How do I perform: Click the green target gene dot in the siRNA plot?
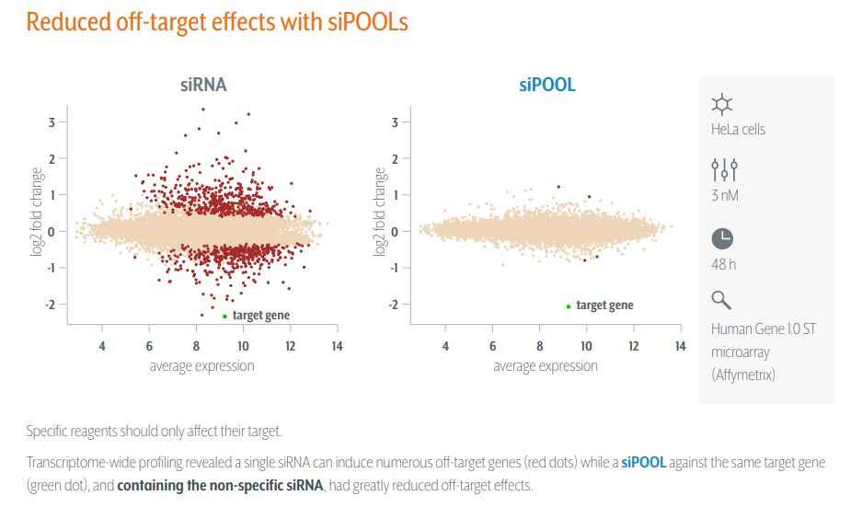pyautogui.click(x=224, y=316)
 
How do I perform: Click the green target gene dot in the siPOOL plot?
pyautogui.click(x=569, y=306)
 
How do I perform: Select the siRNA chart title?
pyautogui.click(x=202, y=86)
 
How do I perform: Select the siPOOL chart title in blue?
pyautogui.click(x=546, y=86)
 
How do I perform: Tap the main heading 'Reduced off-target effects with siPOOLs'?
pyautogui.click(x=217, y=22)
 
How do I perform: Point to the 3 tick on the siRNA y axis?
pyautogui.click(x=52, y=121)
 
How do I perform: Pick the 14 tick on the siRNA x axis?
pyautogui.click(x=337, y=346)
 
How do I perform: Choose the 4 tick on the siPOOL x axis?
pyautogui.click(x=445, y=346)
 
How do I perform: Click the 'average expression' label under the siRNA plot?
pyautogui.click(x=201, y=365)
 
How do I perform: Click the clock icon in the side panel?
pyautogui.click(x=723, y=238)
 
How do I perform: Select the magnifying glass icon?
pyautogui.click(x=722, y=300)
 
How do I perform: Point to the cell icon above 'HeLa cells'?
pyautogui.click(x=723, y=104)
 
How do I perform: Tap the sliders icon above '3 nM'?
pyautogui.click(x=724, y=169)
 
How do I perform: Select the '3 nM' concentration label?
pyautogui.click(x=725, y=195)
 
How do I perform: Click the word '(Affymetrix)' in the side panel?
pyautogui.click(x=744, y=374)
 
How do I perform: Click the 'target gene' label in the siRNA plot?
pyautogui.click(x=261, y=316)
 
